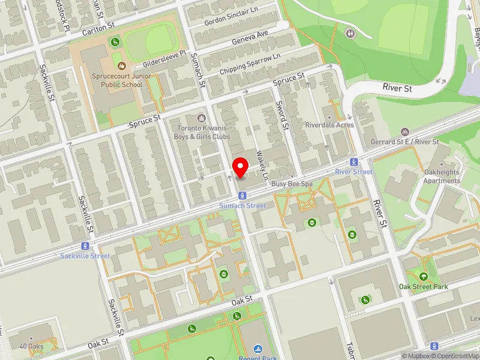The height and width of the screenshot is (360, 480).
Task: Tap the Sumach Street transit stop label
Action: coord(242,206)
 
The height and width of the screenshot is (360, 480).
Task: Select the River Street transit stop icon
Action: coord(354,161)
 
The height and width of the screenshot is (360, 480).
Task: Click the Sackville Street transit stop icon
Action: coord(85,246)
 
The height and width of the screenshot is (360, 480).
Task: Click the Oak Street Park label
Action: coord(424,287)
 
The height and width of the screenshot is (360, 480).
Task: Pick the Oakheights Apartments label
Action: coord(442,176)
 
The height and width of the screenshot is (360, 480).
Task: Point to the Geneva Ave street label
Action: coord(250,39)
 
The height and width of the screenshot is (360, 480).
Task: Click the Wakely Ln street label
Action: coord(260,159)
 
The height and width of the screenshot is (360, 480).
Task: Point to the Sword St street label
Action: coord(281,114)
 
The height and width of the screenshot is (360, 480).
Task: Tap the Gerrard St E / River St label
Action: coord(413,142)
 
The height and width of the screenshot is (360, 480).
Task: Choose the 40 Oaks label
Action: coord(31,346)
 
